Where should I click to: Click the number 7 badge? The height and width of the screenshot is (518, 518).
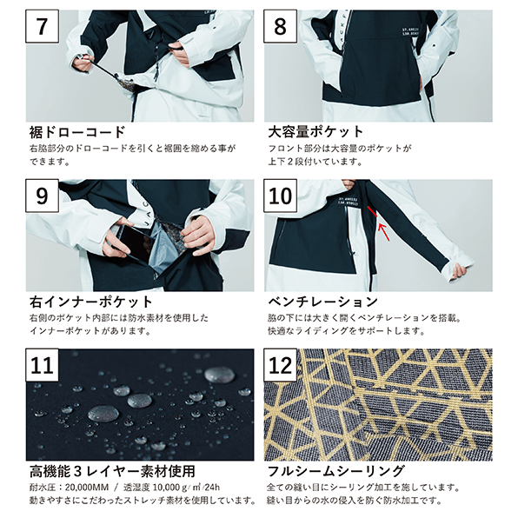[x=43, y=26]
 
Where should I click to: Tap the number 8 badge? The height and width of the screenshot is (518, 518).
[x=280, y=26]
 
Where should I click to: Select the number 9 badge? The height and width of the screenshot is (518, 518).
[x=43, y=196]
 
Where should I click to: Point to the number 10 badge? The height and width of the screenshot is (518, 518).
[x=280, y=196]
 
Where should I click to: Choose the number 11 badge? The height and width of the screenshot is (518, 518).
[x=43, y=365]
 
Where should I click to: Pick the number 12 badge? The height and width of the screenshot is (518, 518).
[x=280, y=365]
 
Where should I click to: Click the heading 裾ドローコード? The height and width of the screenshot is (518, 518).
[x=77, y=132]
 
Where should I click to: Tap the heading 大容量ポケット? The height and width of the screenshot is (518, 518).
[x=315, y=132]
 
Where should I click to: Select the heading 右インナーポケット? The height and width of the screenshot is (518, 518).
[x=91, y=302]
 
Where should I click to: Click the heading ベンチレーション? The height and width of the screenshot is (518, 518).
[x=322, y=302]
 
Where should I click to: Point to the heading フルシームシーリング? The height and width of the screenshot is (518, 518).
[x=336, y=471]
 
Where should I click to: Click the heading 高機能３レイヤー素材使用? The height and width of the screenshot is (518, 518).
[x=112, y=471]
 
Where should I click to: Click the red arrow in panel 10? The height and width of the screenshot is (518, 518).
[x=384, y=232]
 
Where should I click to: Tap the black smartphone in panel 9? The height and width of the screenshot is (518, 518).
[x=135, y=243]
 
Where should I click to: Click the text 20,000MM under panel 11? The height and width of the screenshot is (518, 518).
[x=87, y=488]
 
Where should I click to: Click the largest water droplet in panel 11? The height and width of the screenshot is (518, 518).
[x=103, y=414]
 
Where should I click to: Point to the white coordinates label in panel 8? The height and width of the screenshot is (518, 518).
[x=410, y=31]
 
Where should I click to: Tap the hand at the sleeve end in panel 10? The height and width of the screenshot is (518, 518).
[x=460, y=271]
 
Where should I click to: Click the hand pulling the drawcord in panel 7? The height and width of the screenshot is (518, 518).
[x=83, y=63]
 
